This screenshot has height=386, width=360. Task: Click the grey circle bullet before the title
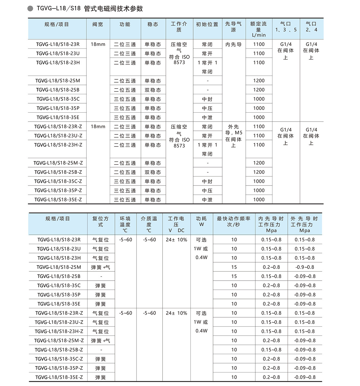tap(30, 8)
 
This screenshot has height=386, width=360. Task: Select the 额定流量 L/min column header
tap(259, 29)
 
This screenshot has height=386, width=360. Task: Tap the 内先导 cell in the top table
tap(233, 44)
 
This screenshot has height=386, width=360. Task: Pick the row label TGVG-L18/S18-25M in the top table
tap(58, 81)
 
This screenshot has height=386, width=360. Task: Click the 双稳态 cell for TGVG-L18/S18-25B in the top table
tap(153, 90)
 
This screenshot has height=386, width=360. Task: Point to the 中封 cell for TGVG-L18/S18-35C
tap(207, 99)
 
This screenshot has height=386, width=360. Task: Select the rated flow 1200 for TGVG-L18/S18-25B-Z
tap(259, 172)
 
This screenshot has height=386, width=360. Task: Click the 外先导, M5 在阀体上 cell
tap(233, 136)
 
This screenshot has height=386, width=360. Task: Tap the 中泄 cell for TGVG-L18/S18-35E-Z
tap(207, 200)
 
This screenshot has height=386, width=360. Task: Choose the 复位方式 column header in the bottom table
tap(100, 222)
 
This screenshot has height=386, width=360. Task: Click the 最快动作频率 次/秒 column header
tap(233, 222)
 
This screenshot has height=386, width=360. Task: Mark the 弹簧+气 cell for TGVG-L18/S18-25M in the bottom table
tap(100, 267)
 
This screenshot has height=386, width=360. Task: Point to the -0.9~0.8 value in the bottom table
tap(304, 267)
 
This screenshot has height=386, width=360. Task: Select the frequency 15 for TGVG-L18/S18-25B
tap(234, 276)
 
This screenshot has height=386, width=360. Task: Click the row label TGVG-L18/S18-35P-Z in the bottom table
tap(59, 368)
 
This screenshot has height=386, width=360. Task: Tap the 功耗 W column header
tap(201, 222)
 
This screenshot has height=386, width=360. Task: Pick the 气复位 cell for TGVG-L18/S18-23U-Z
tap(100, 322)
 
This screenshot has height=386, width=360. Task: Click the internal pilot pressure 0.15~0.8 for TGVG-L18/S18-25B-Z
tap(271, 350)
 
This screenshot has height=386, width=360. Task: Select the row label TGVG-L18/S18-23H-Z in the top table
tap(58, 145)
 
